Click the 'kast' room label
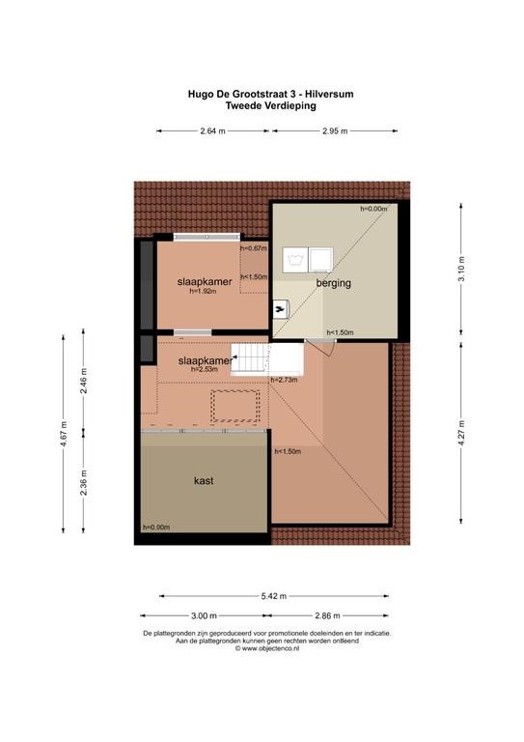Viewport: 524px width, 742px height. click(204, 481)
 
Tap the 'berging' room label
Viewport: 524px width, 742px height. click(334, 283)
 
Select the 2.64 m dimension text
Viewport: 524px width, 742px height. click(212, 131)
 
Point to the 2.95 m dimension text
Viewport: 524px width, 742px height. click(335, 131)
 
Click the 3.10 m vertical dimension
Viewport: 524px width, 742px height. click(461, 269)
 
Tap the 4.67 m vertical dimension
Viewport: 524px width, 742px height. click(64, 433)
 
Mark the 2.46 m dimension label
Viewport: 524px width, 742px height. click(84, 381)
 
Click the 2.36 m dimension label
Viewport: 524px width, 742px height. click(84, 482)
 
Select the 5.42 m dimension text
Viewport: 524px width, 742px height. click(274, 596)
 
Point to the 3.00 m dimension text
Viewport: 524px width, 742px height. click(204, 615)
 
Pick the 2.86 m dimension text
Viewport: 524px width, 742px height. click(327, 615)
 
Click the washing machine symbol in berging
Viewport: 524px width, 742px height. click(295, 260)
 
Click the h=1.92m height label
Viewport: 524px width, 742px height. click(203, 292)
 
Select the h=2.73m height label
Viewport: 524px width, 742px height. click(284, 380)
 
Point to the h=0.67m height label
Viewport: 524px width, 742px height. click(254, 248)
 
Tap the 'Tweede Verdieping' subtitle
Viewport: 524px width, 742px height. click(271, 105)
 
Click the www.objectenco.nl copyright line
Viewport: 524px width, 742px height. click(267, 649)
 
